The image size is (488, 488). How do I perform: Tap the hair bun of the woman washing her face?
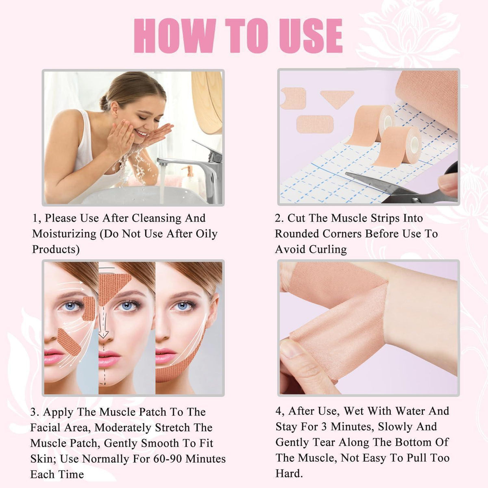pyautogui.click(x=105, y=102)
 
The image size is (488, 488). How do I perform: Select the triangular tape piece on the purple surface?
pyautogui.click(x=337, y=99)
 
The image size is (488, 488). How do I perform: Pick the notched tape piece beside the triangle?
pyautogui.click(x=294, y=98)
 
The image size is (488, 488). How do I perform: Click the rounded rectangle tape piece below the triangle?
pyautogui.click(x=315, y=124)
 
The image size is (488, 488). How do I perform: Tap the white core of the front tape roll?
pyautogui.click(x=415, y=145)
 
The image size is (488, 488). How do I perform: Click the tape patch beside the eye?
pyautogui.click(x=89, y=308)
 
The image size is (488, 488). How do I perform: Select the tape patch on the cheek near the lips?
pyautogui.click(x=68, y=342)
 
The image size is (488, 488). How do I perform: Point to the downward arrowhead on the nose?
pyautogui.click(x=103, y=334)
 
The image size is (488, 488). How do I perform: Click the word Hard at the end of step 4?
pyautogui.click(x=289, y=473)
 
